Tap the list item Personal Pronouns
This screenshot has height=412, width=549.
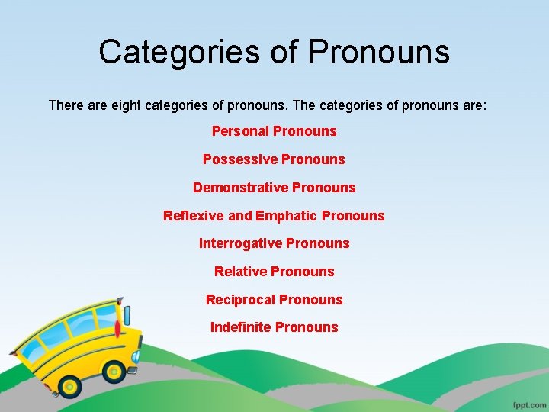tap(274, 131)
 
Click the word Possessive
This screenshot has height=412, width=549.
tap(239, 159)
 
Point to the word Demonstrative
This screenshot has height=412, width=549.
tap(240, 188)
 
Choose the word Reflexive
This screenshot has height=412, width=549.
tap(194, 216)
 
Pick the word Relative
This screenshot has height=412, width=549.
tap(240, 272)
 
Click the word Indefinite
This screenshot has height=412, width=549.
tap(240, 327)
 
